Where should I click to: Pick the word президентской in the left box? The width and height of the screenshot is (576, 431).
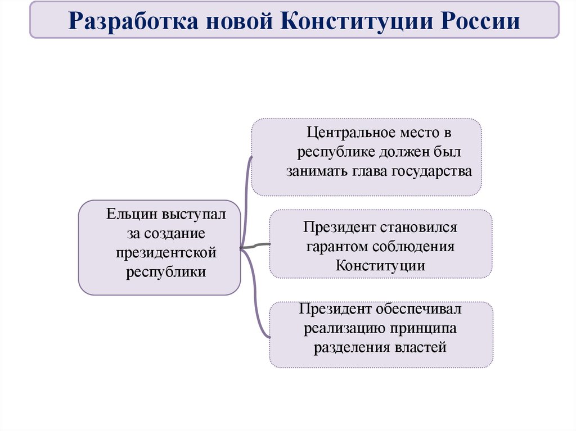[x=166, y=252]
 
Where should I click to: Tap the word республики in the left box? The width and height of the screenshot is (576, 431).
[x=166, y=271]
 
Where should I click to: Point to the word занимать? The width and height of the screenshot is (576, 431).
[x=317, y=171]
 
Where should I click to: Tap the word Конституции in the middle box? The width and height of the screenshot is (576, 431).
[x=380, y=265]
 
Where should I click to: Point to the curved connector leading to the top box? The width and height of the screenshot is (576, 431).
[x=245, y=197]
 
